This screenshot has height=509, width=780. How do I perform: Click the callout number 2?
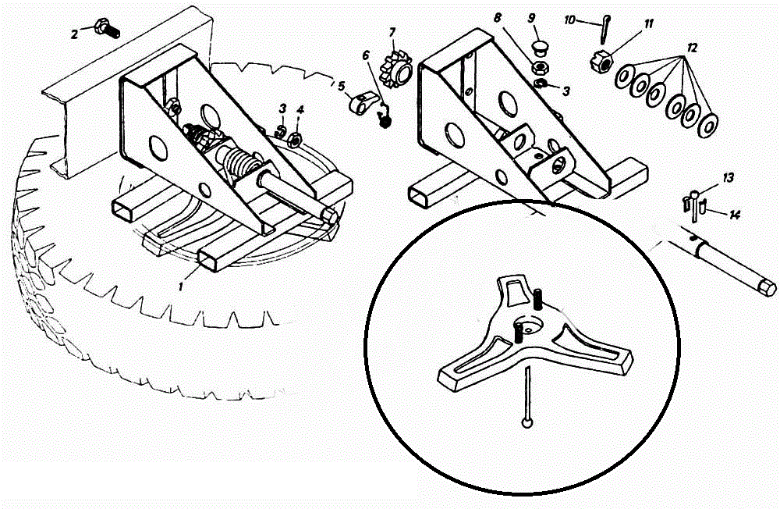tap(74, 34)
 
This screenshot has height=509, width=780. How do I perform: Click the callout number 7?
tap(392, 32)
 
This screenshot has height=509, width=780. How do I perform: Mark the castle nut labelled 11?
tap(601, 58)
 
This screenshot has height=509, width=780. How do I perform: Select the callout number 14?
tap(734, 212)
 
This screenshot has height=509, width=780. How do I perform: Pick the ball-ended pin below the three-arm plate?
tap(529, 398)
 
